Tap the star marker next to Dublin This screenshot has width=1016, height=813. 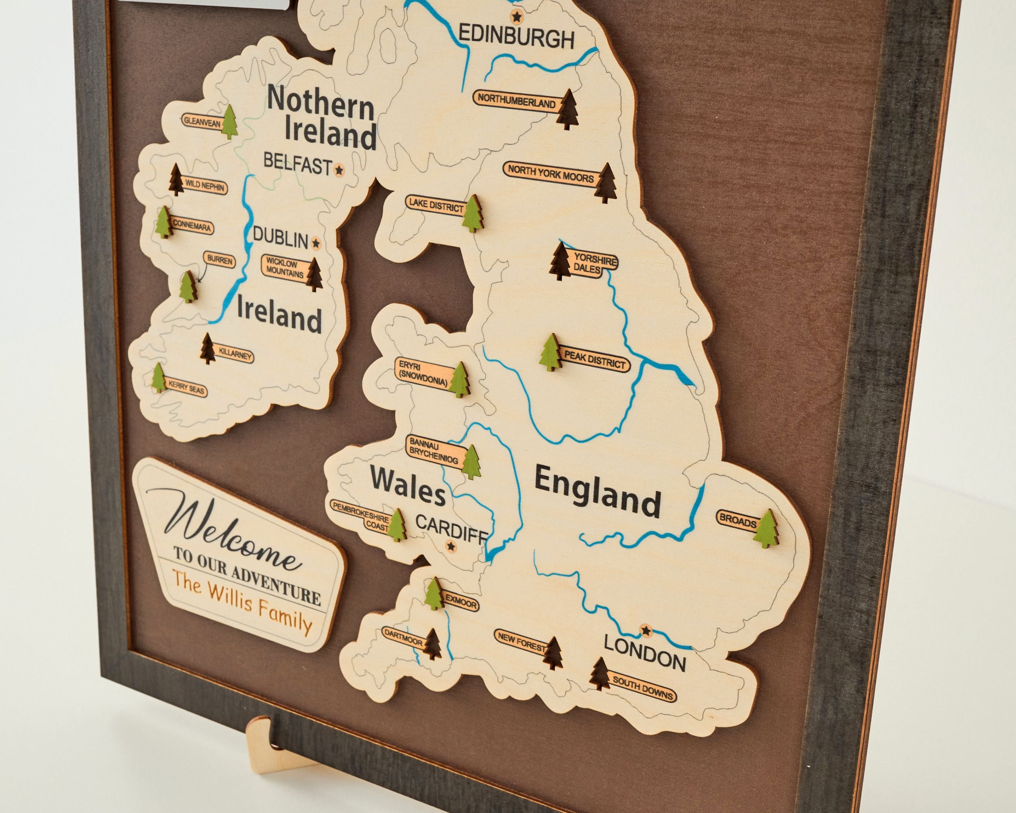316,243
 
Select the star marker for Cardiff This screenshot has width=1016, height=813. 451,546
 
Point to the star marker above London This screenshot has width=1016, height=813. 645,630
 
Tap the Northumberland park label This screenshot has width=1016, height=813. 516,101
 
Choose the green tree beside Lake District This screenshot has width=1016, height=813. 472,213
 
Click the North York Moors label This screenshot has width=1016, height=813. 550,175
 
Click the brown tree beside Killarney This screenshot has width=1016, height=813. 208,349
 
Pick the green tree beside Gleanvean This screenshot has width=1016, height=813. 230,122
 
